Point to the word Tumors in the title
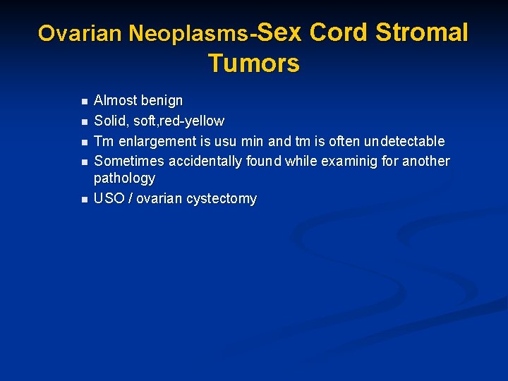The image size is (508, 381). pos(254,64)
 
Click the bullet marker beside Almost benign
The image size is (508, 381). pos(83,101)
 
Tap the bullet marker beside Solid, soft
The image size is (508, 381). pos(83,121)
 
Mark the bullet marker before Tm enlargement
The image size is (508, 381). pos(83,141)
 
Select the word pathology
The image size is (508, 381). pos(124,179)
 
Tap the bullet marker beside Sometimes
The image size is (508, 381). pos(83,162)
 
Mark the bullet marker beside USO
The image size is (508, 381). pos(83,199)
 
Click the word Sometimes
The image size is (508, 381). pos(127,161)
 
